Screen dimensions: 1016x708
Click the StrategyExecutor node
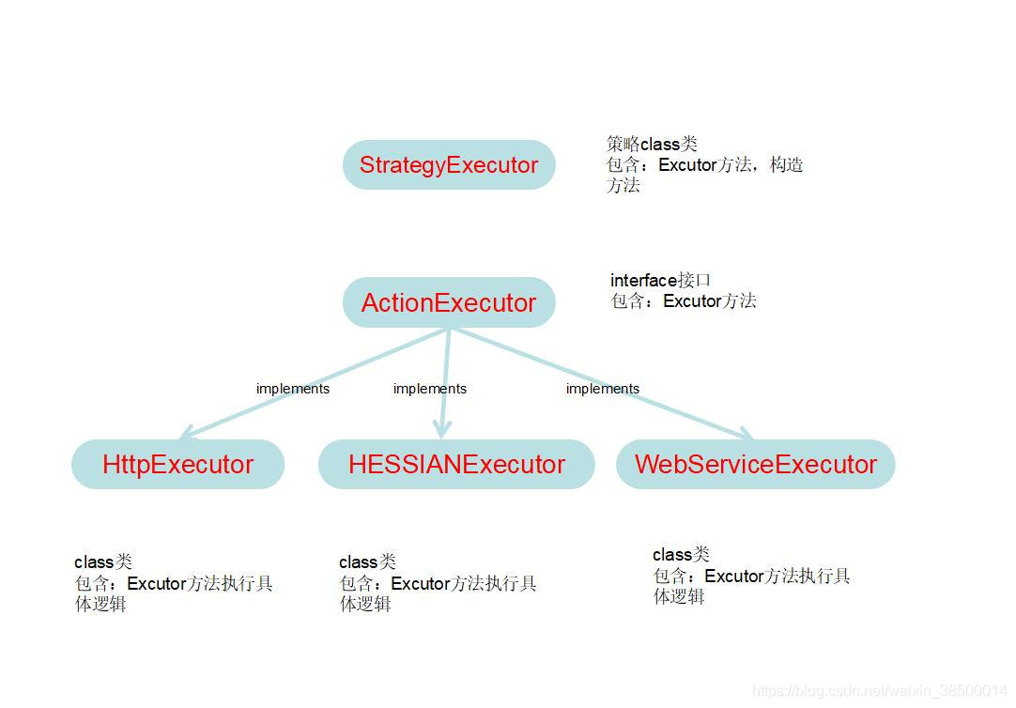point(449,165)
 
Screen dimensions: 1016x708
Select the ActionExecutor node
point(449,302)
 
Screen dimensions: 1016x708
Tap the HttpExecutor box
point(178,464)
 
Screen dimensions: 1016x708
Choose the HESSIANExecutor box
point(456,464)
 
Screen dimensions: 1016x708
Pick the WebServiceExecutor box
point(756,464)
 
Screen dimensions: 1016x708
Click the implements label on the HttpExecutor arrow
point(293,389)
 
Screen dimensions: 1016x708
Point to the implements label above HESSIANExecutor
point(430,389)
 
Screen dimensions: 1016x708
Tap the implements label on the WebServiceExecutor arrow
point(603,389)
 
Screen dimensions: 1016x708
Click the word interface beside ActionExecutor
point(643,280)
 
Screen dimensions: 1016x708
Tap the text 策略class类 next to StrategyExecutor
point(652,144)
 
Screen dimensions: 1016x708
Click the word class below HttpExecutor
point(94,562)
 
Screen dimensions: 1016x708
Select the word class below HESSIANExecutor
point(359,562)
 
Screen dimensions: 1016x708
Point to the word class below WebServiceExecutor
point(672,555)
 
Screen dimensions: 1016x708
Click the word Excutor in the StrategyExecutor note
point(687,165)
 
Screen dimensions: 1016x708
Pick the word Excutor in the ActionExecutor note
point(692,301)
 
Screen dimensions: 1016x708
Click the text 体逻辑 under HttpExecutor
point(100,604)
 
